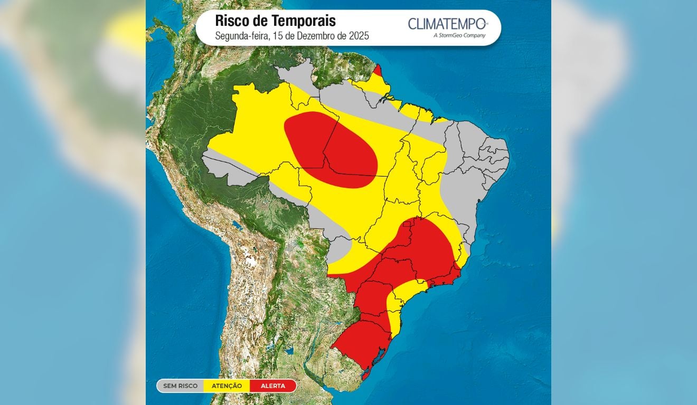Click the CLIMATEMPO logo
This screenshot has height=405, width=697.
coord(447,24)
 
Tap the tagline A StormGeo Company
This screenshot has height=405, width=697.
coord(459,35)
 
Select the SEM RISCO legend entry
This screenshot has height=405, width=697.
coord(180,386)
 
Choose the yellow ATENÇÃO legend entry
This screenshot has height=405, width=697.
coord(227,386)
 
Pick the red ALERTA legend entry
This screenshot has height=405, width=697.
coord(272,386)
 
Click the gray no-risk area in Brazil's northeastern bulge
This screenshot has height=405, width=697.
coord(475,158)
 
